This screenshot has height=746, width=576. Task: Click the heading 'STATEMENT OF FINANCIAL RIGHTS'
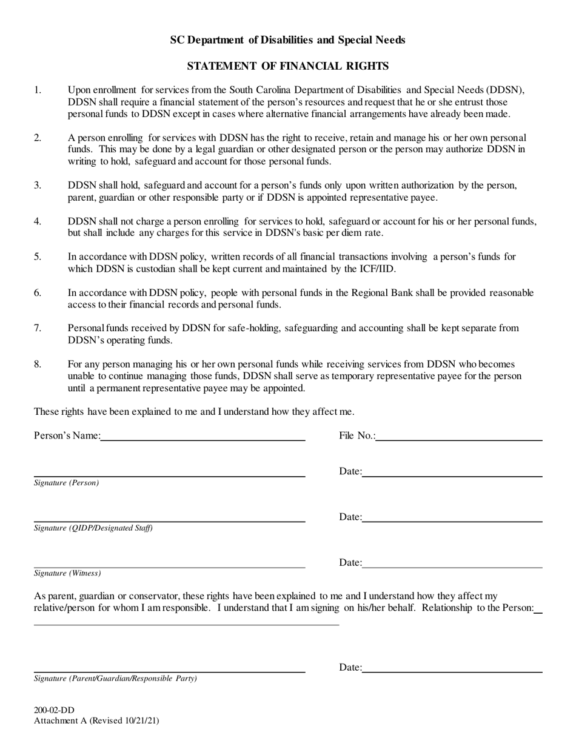tap(287, 66)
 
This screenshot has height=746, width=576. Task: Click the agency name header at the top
tap(287, 40)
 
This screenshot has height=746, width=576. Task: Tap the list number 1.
tap(38, 90)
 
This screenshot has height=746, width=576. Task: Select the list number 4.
tap(38, 221)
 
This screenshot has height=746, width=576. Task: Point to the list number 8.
tap(38, 364)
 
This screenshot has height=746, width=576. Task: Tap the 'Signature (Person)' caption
tap(67, 483)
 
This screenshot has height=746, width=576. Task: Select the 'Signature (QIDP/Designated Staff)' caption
tap(93, 528)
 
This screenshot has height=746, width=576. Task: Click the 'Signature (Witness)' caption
tap(67, 573)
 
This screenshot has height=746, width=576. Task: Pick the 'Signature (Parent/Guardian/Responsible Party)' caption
tap(115, 679)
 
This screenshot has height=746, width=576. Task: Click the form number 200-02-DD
tap(55, 710)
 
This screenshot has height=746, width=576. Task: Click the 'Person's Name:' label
tap(67, 435)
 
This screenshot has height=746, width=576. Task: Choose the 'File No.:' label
tap(357, 435)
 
